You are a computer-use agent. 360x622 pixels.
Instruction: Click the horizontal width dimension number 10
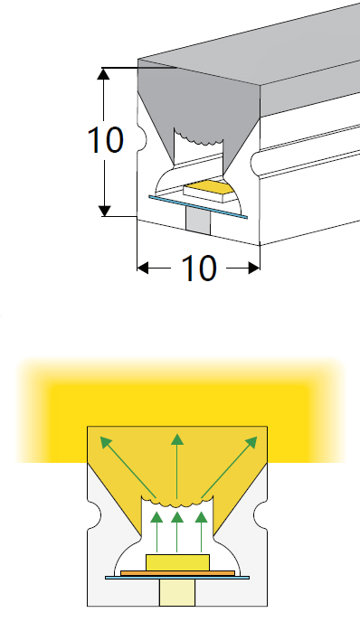[x=199, y=268]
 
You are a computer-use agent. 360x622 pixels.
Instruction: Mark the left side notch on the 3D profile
[x=140, y=140]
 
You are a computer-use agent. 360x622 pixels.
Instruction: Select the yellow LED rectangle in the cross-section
[x=177, y=561]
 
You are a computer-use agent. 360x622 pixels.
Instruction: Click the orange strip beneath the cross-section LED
[x=177, y=572]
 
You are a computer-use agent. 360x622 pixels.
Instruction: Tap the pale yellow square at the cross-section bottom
[x=177, y=593]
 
